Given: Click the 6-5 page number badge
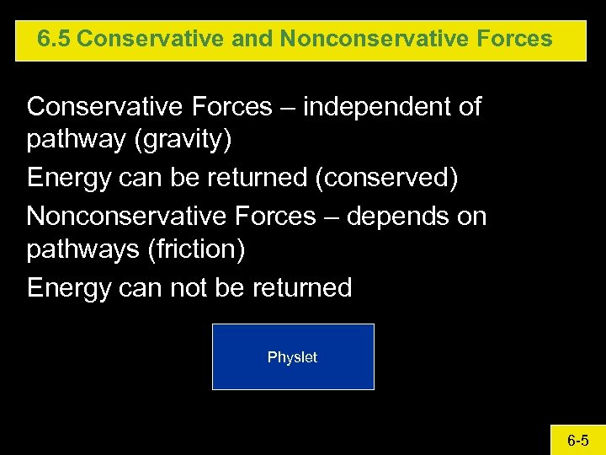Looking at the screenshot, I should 577,440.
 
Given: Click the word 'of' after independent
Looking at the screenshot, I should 469,107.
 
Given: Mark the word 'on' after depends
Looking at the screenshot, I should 471,217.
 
